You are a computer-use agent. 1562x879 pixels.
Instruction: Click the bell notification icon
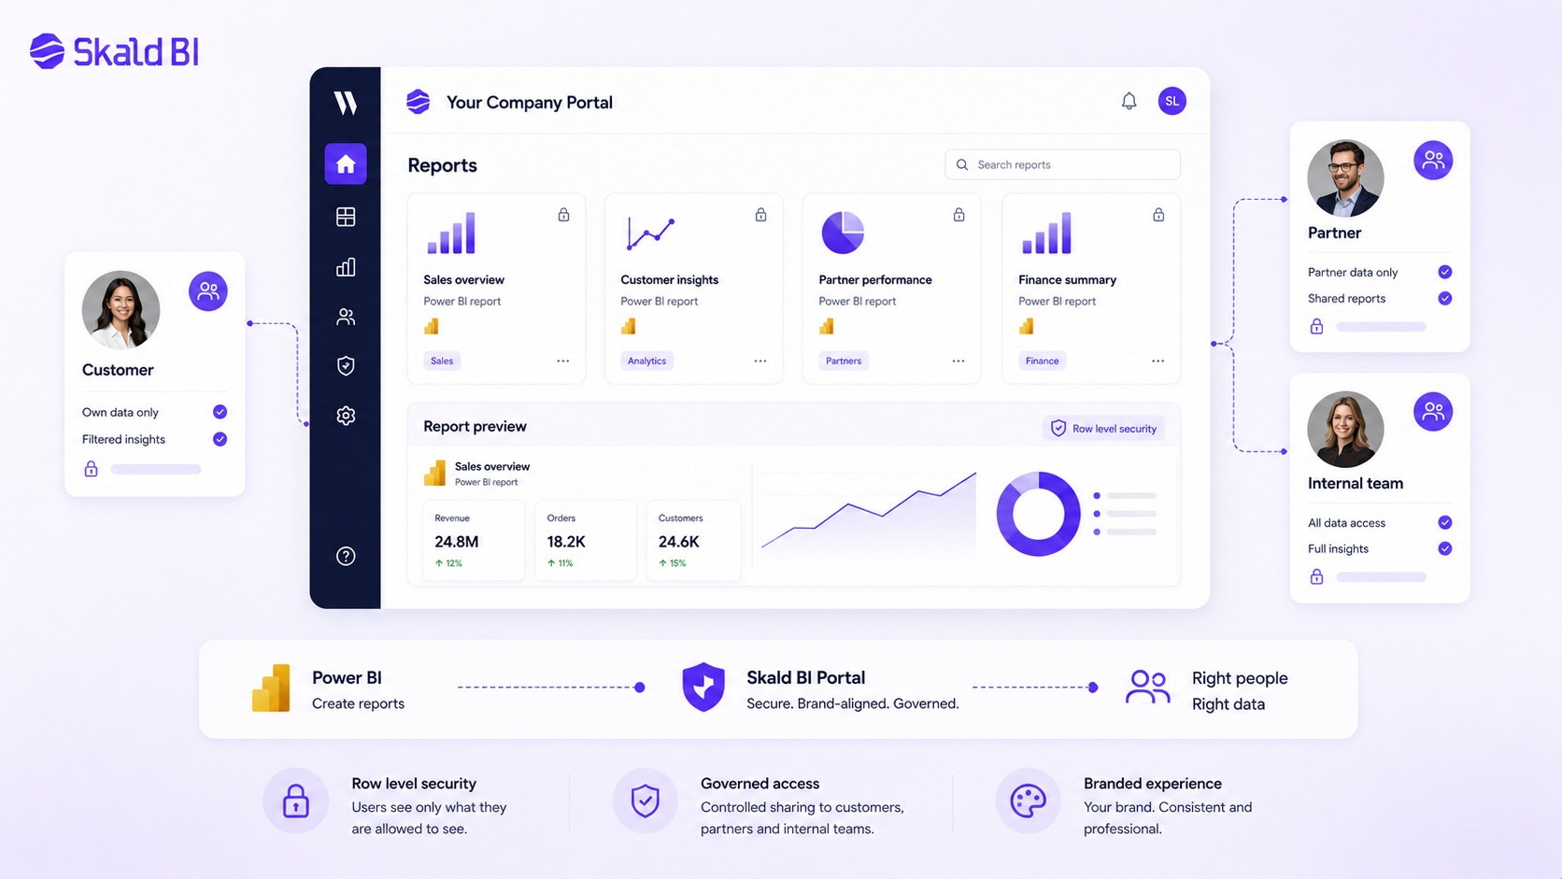click(x=1129, y=101)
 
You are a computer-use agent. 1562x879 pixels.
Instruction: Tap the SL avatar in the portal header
click(x=1171, y=101)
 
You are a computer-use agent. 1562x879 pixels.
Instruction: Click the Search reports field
click(x=1062, y=164)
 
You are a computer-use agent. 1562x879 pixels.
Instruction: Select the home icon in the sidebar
click(x=346, y=163)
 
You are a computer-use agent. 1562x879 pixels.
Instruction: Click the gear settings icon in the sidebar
click(x=346, y=416)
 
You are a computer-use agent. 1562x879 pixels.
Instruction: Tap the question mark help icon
click(x=346, y=556)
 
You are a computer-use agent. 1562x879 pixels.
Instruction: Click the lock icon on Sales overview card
click(x=563, y=214)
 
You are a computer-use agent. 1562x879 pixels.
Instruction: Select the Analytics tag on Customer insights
click(x=646, y=361)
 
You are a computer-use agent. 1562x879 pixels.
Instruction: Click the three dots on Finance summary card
click(x=1157, y=361)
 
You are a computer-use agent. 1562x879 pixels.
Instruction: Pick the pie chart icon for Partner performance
click(x=843, y=232)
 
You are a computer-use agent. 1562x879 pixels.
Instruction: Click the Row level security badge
click(x=1103, y=428)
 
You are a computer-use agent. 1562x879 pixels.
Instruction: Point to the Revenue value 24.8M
click(x=456, y=542)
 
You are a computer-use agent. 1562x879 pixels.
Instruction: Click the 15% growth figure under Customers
click(x=673, y=563)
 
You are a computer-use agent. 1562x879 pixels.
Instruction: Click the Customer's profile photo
click(x=121, y=309)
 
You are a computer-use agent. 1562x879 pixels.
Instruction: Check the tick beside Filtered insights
click(x=220, y=439)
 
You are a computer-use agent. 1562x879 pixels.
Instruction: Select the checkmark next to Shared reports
click(x=1445, y=298)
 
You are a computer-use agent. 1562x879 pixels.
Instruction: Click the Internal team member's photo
click(x=1345, y=429)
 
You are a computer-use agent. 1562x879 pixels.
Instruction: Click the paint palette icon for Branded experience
click(x=1028, y=801)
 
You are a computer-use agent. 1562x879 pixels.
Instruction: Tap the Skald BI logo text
click(x=136, y=51)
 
